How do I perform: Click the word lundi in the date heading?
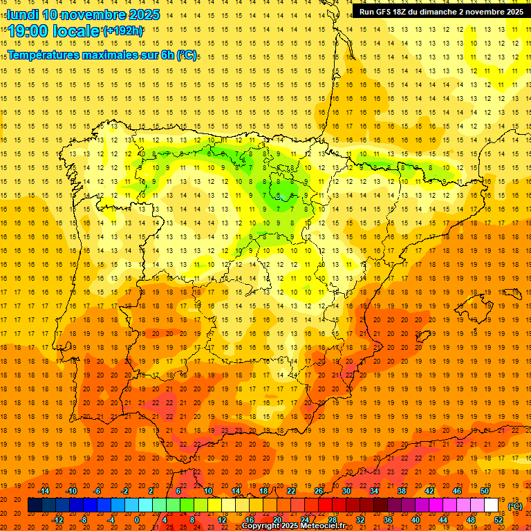(x=24, y=15)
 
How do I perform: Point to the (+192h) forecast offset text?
(x=123, y=30)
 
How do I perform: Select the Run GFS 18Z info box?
(x=441, y=11)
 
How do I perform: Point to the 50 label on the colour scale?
(x=485, y=491)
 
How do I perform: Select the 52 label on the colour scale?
(x=499, y=520)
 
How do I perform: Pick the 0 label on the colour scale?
(x=137, y=520)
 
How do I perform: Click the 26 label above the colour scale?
(x=319, y=491)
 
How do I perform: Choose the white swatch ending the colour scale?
(x=492, y=505)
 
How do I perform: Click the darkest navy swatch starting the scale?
(x=35, y=505)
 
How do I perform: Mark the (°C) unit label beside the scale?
(x=515, y=506)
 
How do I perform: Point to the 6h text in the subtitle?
(x=167, y=55)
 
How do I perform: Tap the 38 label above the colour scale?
(x=402, y=491)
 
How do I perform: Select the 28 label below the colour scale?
(x=333, y=520)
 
